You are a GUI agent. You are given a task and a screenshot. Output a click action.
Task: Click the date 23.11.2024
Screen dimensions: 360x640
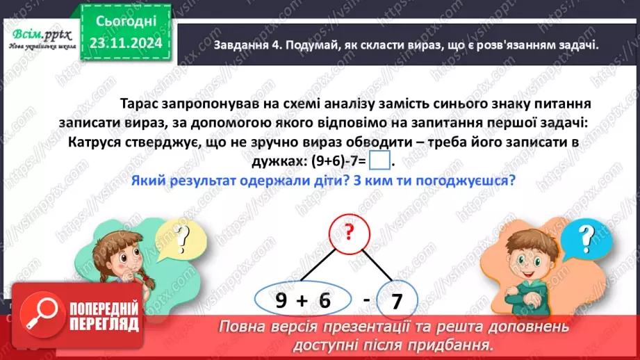pyautogui.click(x=125, y=43)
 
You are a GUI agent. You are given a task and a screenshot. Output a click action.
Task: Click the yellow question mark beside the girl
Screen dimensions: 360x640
pyautogui.click(x=183, y=239)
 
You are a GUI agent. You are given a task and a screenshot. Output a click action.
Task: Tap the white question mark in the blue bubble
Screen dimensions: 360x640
pyautogui.click(x=587, y=238)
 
